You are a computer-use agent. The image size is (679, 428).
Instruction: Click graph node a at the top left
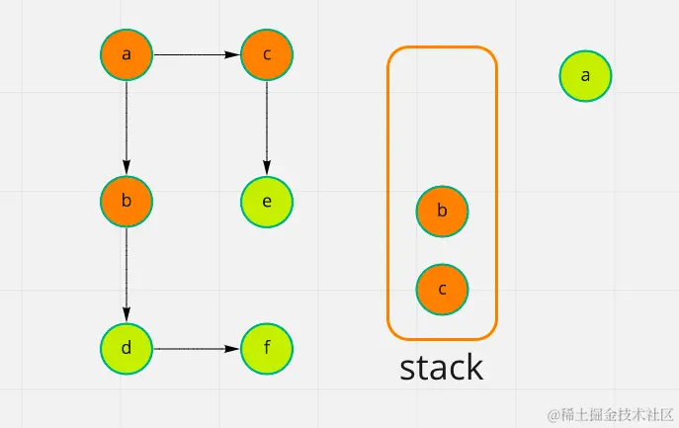coord(127,54)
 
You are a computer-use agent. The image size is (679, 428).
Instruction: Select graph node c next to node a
coord(267,54)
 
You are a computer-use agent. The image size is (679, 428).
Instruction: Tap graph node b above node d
coord(127,202)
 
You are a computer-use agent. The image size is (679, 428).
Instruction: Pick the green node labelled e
coord(267,202)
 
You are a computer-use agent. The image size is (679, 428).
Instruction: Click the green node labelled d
coord(127,349)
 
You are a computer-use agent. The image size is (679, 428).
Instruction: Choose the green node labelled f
coord(267,349)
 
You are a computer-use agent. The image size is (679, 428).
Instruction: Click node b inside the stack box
coord(442,211)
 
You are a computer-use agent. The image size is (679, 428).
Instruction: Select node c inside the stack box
coord(442,289)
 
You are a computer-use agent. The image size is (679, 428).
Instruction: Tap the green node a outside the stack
coord(585,76)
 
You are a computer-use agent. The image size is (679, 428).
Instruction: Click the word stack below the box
coord(441,367)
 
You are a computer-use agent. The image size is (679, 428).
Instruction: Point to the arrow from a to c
coord(197,54)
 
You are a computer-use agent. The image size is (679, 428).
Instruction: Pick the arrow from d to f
coord(197,349)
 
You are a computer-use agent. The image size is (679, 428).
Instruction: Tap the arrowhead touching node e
coord(267,170)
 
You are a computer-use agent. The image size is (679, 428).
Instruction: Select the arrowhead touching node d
coord(127,317)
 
